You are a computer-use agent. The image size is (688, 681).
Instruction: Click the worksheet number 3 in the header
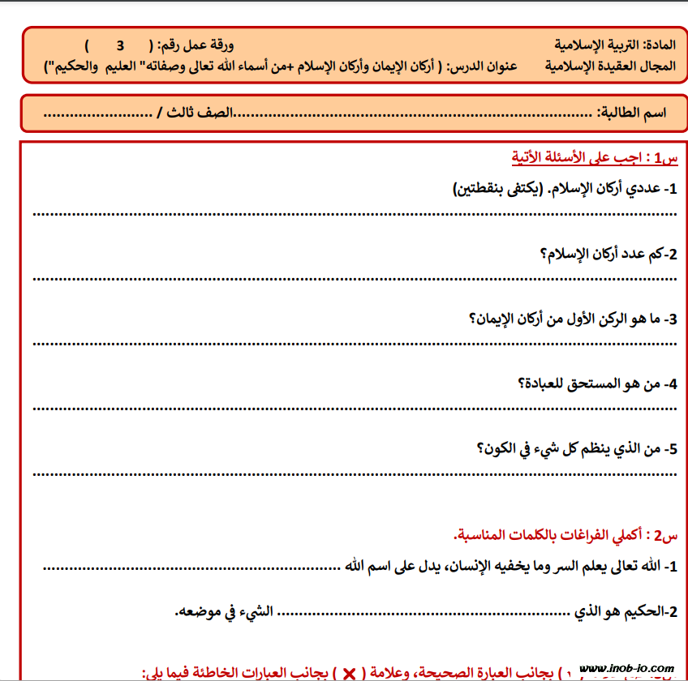click(120, 45)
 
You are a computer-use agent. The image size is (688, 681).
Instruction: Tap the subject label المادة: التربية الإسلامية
click(614, 45)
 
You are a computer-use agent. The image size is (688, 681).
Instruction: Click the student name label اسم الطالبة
click(633, 113)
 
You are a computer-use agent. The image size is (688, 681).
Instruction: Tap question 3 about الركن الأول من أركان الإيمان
click(573, 319)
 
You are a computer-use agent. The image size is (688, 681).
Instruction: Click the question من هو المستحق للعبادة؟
click(597, 383)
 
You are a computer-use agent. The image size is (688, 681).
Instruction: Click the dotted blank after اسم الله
click(191, 567)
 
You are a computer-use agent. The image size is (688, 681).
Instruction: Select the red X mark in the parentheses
click(350, 673)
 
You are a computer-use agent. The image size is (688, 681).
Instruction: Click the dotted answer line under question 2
click(355, 278)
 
